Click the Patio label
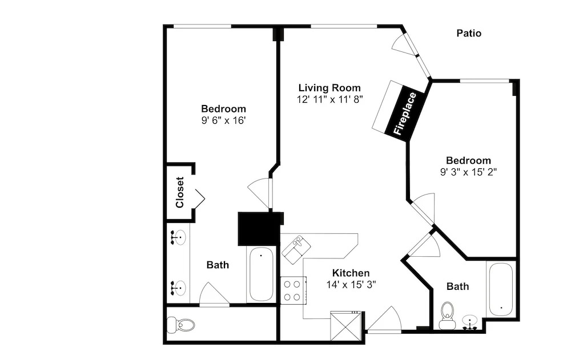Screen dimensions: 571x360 (x=469, y=34)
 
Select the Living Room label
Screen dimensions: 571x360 (x=329, y=88)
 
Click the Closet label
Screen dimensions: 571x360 (x=179, y=192)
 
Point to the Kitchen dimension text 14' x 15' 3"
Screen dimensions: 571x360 (x=351, y=284)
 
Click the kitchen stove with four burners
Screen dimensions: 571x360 (x=293, y=290)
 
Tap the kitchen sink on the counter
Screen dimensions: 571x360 (x=297, y=249)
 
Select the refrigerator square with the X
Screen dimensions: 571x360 (x=346, y=326)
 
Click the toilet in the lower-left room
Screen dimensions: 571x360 (x=180, y=324)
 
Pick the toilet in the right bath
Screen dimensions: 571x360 (x=447, y=315)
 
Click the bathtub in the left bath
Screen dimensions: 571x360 (x=261, y=274)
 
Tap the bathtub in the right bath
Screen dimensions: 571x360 (x=501, y=290)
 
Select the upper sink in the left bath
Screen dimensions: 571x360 (x=178, y=238)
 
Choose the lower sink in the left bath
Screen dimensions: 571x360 (x=178, y=288)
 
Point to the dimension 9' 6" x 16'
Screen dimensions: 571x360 (x=224, y=120)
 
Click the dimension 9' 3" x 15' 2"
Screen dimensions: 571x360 (x=468, y=172)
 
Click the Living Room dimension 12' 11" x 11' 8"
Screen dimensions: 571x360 (x=329, y=99)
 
